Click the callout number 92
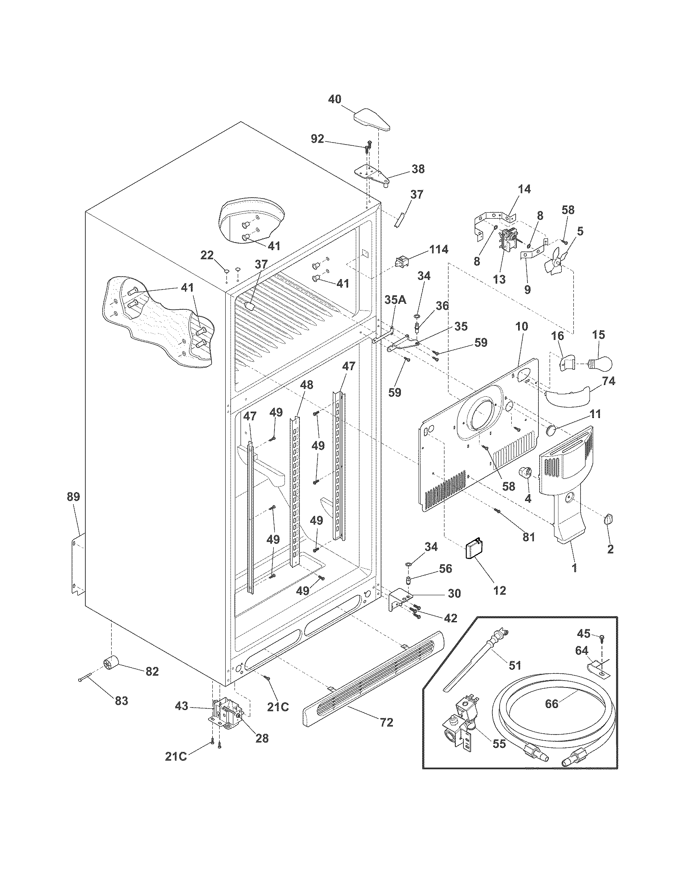coord(318,139)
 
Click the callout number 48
coord(306,385)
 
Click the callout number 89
coord(73,497)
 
